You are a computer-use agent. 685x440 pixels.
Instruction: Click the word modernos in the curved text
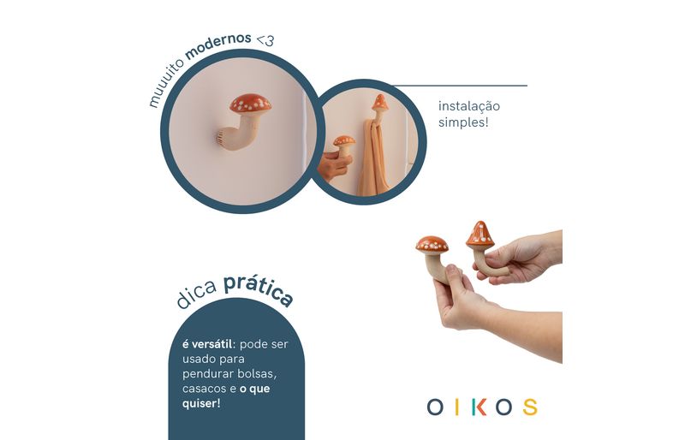(218, 45)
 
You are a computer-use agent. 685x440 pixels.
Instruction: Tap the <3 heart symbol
(265, 40)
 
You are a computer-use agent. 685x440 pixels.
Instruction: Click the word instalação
(468, 106)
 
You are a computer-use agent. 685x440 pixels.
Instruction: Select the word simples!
(463, 122)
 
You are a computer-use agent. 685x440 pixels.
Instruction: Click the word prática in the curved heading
(258, 289)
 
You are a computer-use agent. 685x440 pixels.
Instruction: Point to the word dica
(197, 293)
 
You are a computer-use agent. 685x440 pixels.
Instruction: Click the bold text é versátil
(207, 344)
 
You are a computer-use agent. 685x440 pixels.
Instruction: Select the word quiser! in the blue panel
(201, 403)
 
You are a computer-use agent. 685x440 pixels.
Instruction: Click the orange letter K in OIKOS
(480, 407)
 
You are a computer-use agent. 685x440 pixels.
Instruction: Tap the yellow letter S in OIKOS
(530, 407)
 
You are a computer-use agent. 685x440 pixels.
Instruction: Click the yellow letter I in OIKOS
(457, 407)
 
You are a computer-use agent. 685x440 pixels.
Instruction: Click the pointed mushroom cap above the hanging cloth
(379, 103)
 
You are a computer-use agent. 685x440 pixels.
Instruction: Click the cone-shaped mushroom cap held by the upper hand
(480, 235)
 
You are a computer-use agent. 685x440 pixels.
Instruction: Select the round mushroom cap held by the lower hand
(432, 244)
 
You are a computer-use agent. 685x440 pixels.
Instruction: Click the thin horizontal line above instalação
(459, 86)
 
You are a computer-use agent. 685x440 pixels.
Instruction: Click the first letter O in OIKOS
(435, 407)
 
